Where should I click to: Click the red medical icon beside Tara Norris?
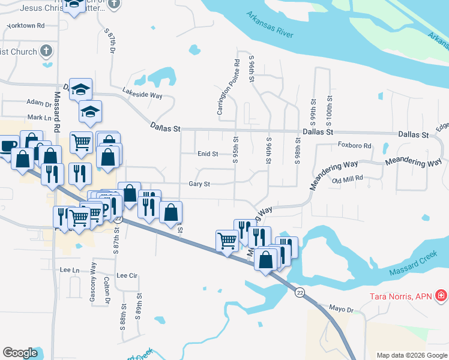pos(441,295)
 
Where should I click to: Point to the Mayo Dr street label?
pos(342,310)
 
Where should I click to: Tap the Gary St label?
pos(199,184)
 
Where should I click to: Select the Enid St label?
pos(208,154)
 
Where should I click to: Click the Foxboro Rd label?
pos(355,145)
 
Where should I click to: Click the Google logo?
pos(20,352)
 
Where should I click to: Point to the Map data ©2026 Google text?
pos(411,355)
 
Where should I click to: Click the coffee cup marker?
pos(7,147)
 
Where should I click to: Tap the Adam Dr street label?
pos(39,104)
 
